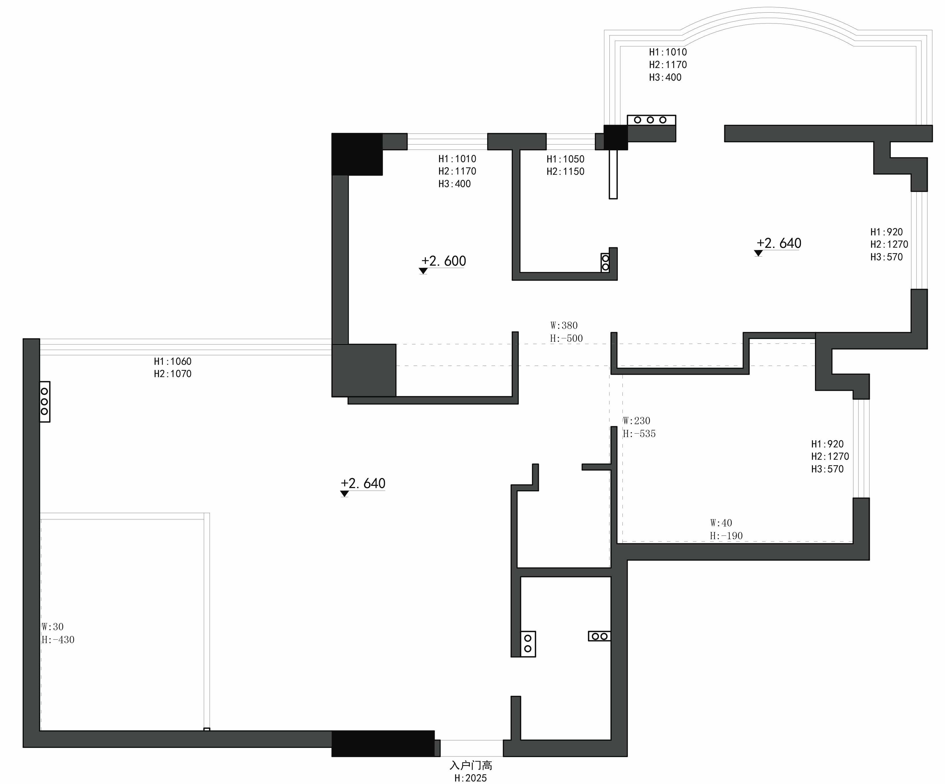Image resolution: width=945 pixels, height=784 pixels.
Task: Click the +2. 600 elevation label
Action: [x=444, y=261]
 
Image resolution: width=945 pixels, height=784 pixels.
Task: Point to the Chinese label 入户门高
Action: [x=471, y=765]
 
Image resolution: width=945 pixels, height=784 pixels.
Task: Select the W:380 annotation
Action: [x=564, y=325]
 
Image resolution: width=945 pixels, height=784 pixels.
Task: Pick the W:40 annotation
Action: [x=721, y=523]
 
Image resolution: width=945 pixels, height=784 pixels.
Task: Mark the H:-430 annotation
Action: [x=58, y=640]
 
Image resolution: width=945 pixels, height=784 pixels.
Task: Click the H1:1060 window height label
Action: [x=173, y=361]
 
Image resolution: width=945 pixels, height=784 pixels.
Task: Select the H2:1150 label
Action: [x=565, y=171]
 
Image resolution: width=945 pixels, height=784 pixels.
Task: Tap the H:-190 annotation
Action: [x=726, y=536]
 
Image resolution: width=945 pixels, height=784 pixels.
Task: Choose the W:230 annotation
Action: [x=636, y=421]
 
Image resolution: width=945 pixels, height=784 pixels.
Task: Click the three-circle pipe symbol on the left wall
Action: [x=44, y=402]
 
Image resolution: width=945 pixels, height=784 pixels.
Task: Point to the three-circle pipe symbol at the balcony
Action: [x=651, y=120]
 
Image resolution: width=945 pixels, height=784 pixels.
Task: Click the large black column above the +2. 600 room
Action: [x=357, y=154]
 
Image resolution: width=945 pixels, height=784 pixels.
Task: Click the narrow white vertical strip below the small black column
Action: [x=613, y=174]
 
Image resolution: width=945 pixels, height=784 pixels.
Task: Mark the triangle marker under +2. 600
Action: [x=423, y=271]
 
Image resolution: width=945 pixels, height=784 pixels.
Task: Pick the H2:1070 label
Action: [x=173, y=374]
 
